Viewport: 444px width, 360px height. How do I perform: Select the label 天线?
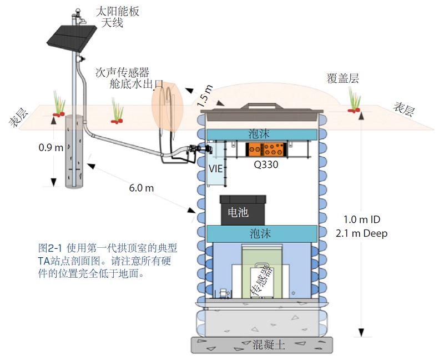(112, 23)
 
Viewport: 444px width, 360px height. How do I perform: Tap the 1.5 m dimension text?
(205, 96)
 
